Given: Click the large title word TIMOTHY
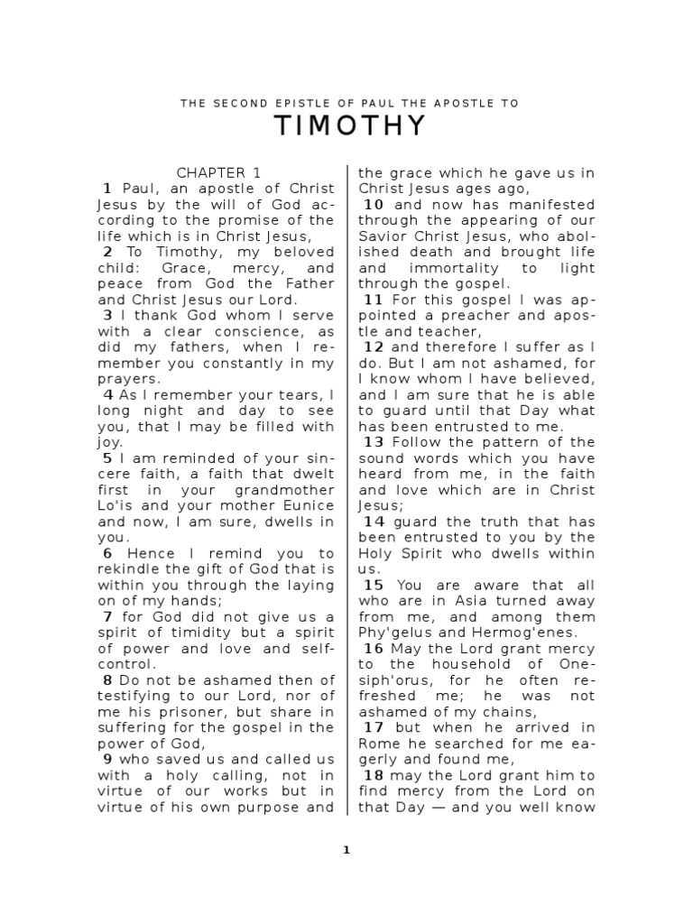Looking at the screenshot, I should tap(349, 127).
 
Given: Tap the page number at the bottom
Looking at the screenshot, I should tap(346, 849).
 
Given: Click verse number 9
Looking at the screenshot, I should tap(106, 759).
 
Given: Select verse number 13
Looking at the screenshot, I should tap(374, 441).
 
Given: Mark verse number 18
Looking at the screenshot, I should tap(374, 775).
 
